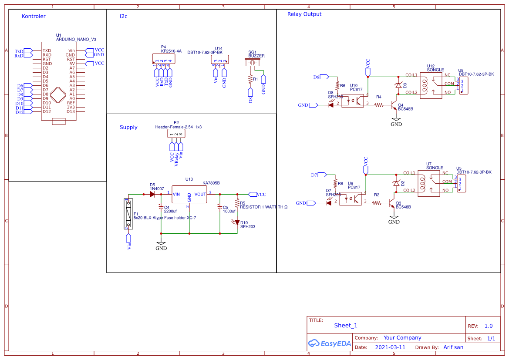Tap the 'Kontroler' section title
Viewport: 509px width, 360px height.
pos(34,17)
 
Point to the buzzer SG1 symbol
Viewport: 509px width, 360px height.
pos(253,64)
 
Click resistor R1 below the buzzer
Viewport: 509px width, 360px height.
pos(250,79)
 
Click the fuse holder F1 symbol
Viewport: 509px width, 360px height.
pos(128,214)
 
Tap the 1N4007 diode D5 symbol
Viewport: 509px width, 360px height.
pos(152,194)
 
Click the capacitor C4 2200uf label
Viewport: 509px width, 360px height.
pos(170,211)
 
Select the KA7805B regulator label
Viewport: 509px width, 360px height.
pos(211,183)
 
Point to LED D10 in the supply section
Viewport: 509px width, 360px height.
pos(237,222)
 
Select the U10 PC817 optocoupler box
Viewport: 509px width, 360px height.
pos(353,101)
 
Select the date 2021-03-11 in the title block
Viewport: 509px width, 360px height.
pos(390,347)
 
